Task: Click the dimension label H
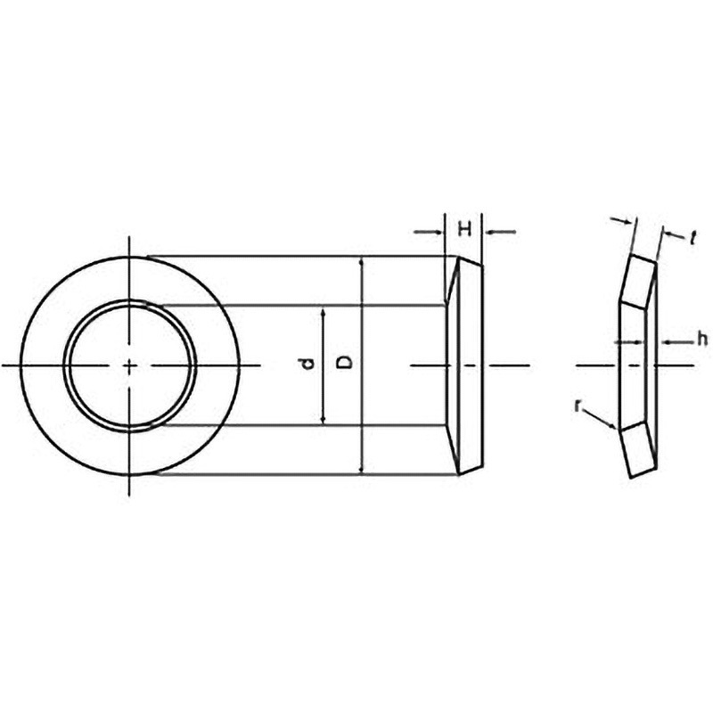464,230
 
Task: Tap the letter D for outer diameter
346,363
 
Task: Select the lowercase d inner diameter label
308,365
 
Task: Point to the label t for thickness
693,237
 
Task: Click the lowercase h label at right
702,340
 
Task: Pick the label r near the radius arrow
578,406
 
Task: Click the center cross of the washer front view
129,365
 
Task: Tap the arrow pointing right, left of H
428,232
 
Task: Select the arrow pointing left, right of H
501,232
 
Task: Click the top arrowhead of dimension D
362,263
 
